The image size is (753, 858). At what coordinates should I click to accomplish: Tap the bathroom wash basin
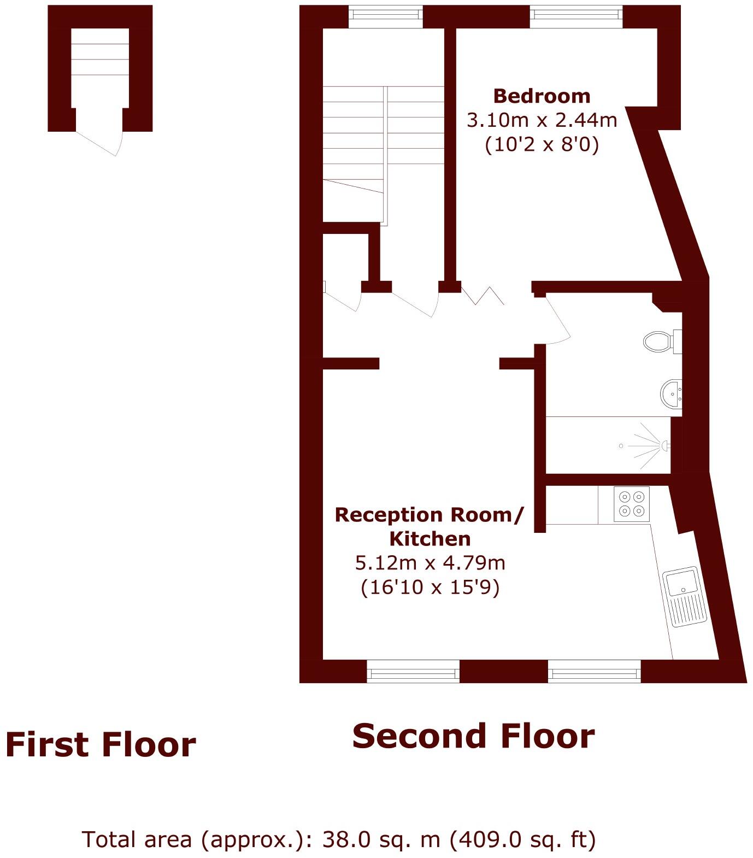pos(671,393)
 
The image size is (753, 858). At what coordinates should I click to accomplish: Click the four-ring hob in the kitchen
pos(632,504)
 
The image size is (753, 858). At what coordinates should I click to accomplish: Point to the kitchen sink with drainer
pos(685,597)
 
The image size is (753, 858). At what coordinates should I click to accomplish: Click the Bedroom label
pos(542,96)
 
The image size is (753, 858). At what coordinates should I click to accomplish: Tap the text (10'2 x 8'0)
pos(542,145)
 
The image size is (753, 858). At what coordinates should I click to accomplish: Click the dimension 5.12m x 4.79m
pos(430,562)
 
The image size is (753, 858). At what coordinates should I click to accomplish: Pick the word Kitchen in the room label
pos(430,539)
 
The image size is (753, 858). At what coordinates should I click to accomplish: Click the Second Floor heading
pos(473,736)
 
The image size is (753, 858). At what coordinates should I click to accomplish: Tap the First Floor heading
pos(101,745)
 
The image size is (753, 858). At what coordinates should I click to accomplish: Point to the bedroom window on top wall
pos(576,16)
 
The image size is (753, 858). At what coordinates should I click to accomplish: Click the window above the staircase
pos(386,16)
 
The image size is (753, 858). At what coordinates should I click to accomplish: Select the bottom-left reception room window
pos(413,672)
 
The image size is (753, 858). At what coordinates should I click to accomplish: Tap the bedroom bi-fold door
pos(483,295)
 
